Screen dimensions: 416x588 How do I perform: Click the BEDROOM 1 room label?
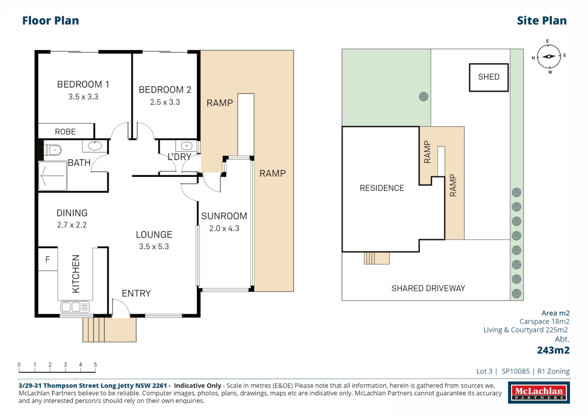click(83, 84)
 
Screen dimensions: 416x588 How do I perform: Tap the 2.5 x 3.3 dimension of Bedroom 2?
click(165, 102)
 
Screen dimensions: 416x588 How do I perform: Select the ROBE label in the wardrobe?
click(65, 132)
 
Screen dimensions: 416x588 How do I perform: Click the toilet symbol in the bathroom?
click(53, 149)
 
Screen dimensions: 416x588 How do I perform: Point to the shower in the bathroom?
click(53, 176)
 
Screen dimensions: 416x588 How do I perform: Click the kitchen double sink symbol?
click(75, 307)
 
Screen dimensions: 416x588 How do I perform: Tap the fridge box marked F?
click(48, 260)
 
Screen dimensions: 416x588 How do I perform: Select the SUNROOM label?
click(224, 216)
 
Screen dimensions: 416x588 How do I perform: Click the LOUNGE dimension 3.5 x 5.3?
click(154, 247)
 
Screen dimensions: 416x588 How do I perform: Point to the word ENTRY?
click(136, 294)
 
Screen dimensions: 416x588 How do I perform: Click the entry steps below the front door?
click(109, 330)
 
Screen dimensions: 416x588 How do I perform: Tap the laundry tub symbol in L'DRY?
click(187, 146)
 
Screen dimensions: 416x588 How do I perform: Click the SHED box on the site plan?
click(489, 77)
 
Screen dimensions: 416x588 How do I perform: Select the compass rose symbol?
click(549, 57)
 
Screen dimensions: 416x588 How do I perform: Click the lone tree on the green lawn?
click(424, 97)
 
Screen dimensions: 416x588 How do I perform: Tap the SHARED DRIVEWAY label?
click(428, 289)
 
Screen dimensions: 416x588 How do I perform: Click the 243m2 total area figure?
click(553, 350)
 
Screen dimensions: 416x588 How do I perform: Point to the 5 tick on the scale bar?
click(95, 365)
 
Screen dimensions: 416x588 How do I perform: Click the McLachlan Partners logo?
click(539, 393)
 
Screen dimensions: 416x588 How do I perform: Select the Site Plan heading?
click(541, 20)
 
